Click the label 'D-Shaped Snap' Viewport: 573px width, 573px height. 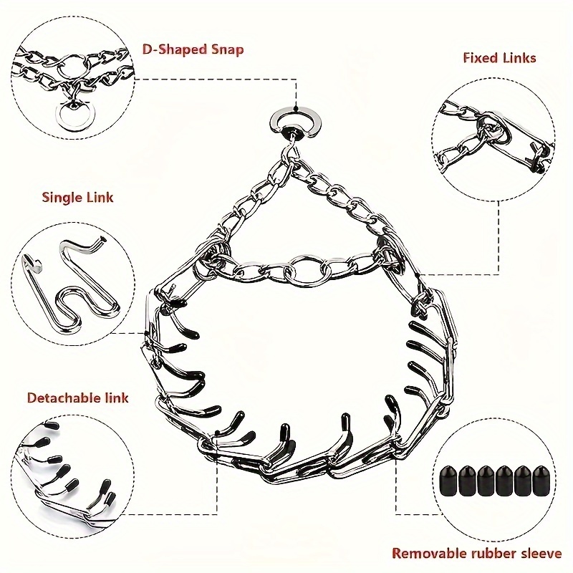(193, 49)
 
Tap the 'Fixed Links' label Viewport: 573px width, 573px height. (499, 58)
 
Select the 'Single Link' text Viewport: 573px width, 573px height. (77, 198)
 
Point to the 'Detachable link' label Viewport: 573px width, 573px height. (78, 398)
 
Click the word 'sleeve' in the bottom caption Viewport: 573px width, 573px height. (539, 553)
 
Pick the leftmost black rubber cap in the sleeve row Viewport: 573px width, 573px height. (449, 480)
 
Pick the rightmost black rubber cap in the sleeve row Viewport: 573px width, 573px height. (541, 480)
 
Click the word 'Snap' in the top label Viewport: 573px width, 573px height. (227, 49)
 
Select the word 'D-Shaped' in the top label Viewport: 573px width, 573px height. (174, 49)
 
